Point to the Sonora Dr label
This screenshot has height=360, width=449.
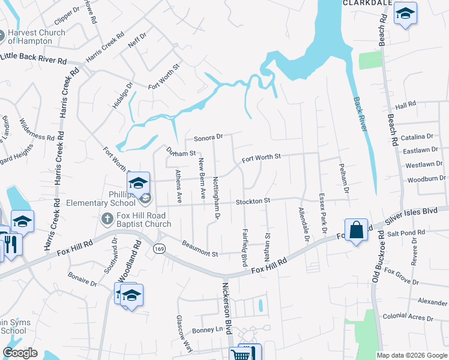coord(208,137)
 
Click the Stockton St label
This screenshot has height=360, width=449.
coord(253,201)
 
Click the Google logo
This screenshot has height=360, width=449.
coord(20,353)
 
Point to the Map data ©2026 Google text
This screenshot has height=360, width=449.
coord(411,355)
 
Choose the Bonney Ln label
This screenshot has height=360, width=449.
coord(208,331)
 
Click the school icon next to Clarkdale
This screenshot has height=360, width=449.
coord(405,14)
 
